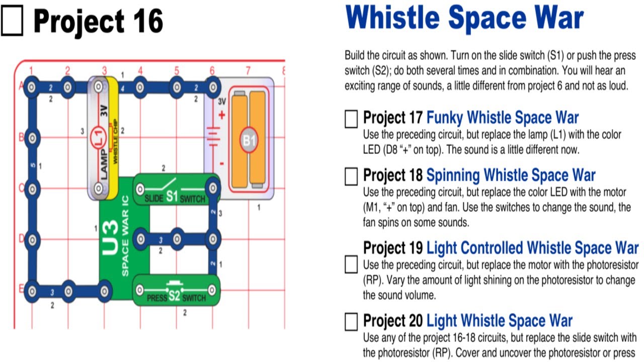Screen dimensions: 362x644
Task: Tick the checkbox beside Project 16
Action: (x=12, y=23)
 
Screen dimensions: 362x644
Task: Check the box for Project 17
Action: (x=351, y=119)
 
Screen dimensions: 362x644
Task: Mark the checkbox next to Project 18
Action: (x=351, y=176)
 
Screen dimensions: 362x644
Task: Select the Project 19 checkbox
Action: (x=351, y=264)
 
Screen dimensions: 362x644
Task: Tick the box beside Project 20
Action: (x=351, y=321)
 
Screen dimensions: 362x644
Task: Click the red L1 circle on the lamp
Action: (x=98, y=135)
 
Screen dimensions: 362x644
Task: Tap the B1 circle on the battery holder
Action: (x=250, y=140)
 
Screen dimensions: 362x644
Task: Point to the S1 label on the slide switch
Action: (x=172, y=197)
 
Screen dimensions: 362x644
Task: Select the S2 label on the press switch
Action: (x=174, y=297)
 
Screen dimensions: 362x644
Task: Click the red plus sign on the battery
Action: (x=222, y=115)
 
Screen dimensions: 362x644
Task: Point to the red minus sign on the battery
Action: (x=222, y=163)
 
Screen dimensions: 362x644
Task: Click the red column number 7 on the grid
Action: (x=248, y=70)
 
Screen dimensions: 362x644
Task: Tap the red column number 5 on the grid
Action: (x=177, y=70)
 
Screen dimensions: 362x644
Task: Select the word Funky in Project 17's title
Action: (x=445, y=118)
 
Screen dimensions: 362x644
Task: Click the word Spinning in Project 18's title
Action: (x=453, y=175)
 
